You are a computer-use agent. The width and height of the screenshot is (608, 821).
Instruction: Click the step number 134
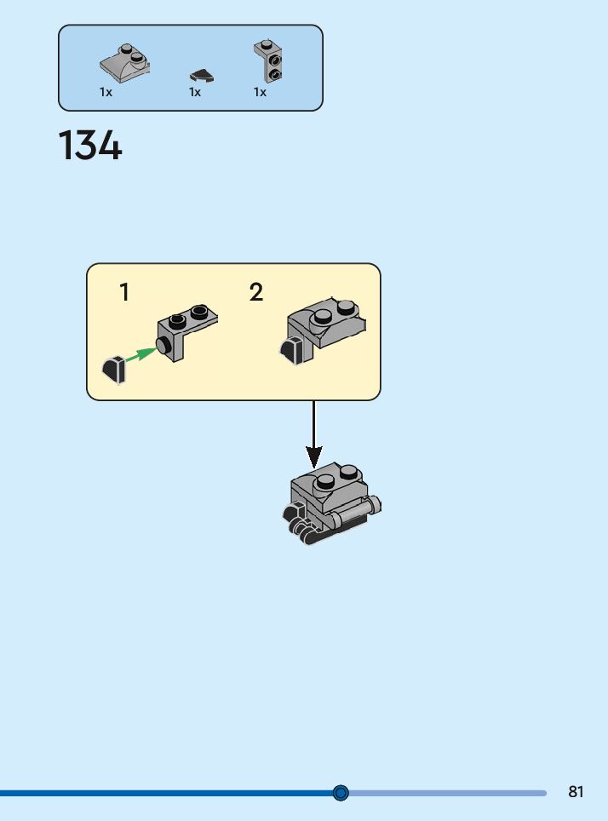tap(90, 146)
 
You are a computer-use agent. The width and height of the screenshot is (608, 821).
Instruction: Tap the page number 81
tap(576, 792)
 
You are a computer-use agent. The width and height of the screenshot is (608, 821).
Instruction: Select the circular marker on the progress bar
tap(341, 793)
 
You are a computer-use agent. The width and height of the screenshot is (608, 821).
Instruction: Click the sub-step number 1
tap(124, 293)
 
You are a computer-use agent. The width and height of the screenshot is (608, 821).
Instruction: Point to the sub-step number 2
tap(256, 293)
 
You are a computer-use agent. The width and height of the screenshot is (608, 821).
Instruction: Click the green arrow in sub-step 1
tap(141, 356)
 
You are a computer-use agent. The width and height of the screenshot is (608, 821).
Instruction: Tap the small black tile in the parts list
tap(201, 77)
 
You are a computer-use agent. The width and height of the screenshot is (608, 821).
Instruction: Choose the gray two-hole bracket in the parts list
tap(268, 61)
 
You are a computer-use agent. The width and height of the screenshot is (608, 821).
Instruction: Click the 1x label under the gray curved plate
tap(106, 92)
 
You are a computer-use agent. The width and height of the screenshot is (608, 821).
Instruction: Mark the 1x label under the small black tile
tap(195, 92)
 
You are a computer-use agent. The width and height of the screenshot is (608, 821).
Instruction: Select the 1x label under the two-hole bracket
tap(260, 92)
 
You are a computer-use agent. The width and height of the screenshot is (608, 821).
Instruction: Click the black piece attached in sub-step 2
tap(290, 350)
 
